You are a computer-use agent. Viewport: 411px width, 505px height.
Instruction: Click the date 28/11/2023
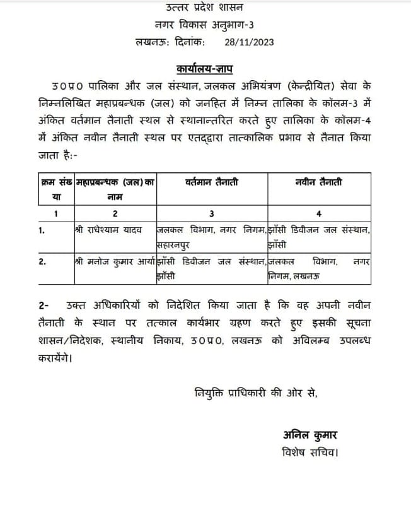point(249,42)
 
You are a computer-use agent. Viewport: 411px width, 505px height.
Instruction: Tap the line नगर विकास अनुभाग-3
point(205,25)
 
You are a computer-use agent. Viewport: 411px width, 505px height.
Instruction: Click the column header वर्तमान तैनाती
point(212,182)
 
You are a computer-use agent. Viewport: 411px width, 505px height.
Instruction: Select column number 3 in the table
point(212,213)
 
